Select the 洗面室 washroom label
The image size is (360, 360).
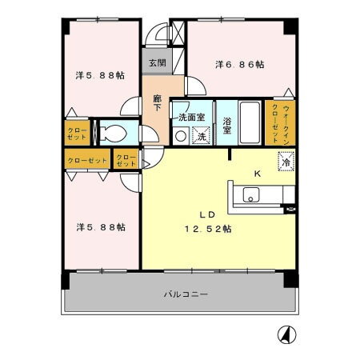click(x=191, y=117)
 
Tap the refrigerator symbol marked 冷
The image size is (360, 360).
click(x=286, y=162)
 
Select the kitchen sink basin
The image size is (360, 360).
click(x=250, y=195)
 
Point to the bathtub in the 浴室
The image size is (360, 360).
click(x=250, y=124)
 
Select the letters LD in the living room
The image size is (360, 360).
click(x=206, y=214)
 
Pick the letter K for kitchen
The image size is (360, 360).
click(x=257, y=174)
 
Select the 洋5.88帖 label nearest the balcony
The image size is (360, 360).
click(x=101, y=226)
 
